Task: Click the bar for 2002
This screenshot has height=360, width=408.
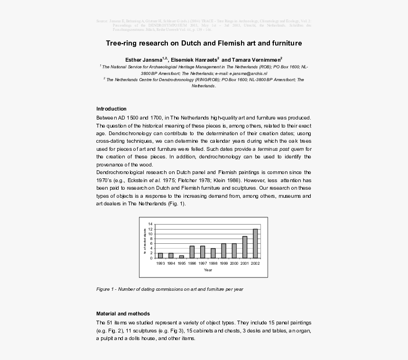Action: (x=255, y=243)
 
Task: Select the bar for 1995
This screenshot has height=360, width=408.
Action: (x=181, y=257)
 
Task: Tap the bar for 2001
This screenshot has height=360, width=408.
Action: (x=245, y=247)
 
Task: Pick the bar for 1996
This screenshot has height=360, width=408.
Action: (x=192, y=252)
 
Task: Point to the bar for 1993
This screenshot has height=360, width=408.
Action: (x=160, y=255)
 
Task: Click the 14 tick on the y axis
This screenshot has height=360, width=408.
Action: (x=150, y=224)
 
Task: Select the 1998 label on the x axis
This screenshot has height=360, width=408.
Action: (x=213, y=263)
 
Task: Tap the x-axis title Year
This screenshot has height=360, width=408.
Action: (x=208, y=270)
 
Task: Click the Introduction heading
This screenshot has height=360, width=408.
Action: (x=111, y=109)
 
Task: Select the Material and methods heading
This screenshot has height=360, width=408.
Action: (x=123, y=314)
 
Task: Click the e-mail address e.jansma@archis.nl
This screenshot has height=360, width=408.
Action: (x=248, y=74)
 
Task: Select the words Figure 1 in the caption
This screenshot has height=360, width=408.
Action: (x=105, y=289)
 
